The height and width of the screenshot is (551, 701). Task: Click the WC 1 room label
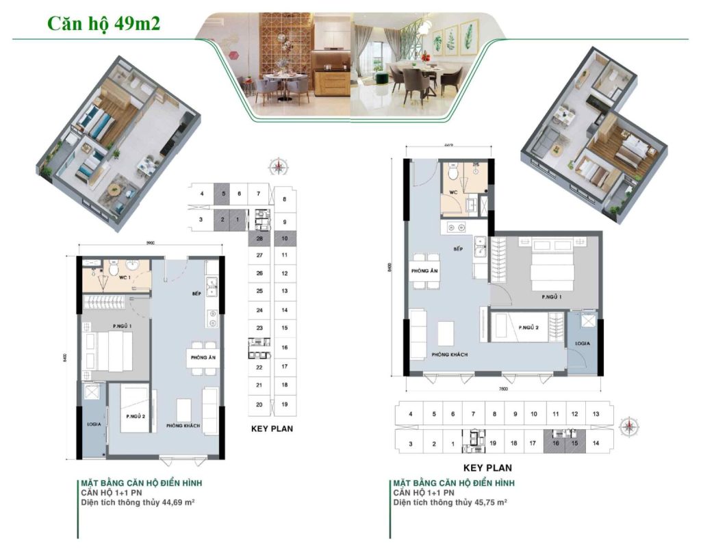(x=125, y=278)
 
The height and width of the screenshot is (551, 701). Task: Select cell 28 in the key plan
(x=259, y=238)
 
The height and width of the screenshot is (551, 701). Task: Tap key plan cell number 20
(x=259, y=405)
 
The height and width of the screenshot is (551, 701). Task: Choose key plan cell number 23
(x=259, y=329)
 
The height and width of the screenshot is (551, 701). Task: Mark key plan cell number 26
(x=259, y=273)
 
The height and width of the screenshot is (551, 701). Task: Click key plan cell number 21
(x=259, y=386)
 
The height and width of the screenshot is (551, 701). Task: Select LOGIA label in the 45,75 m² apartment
(x=583, y=342)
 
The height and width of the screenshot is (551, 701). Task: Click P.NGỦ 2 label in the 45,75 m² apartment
(x=528, y=327)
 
